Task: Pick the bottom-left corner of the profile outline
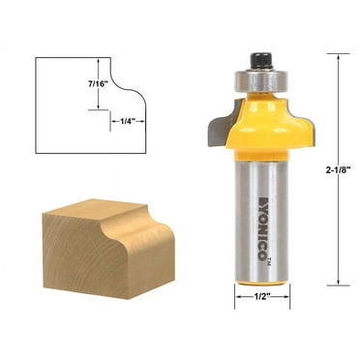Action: pyautogui.click(x=36, y=153)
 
